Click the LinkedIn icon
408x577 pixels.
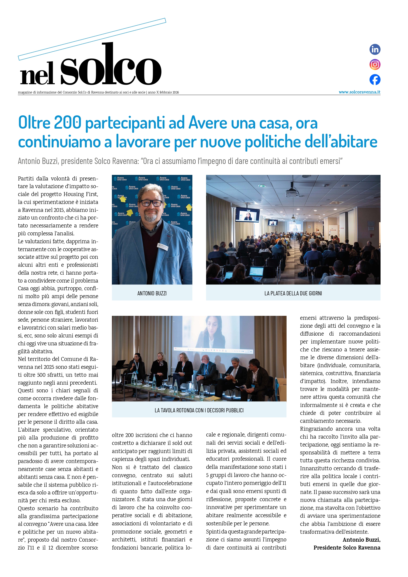tap(375, 49)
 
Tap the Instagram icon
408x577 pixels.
tap(375, 65)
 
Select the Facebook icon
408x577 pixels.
tap(375, 80)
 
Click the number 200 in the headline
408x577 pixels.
tap(67, 123)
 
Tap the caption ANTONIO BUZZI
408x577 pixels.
tap(152, 293)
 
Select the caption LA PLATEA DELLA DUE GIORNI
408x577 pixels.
tap(293, 293)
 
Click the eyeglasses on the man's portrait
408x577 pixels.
tap(152, 203)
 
